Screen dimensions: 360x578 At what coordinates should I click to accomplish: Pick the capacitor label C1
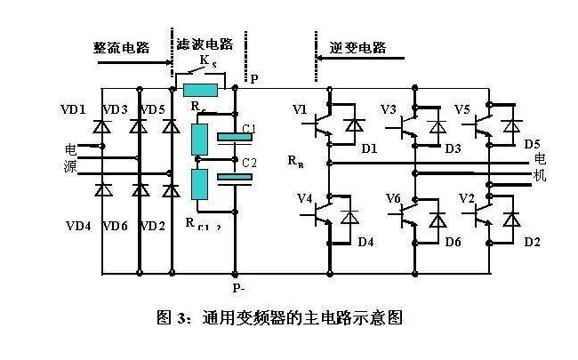pos(249,130)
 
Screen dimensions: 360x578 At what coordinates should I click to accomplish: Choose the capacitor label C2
pos(249,163)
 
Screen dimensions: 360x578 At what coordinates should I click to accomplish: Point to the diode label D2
pos(532,241)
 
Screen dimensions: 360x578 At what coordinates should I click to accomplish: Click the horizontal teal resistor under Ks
pos(200,89)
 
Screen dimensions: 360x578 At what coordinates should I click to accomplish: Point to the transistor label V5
pos(462,110)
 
